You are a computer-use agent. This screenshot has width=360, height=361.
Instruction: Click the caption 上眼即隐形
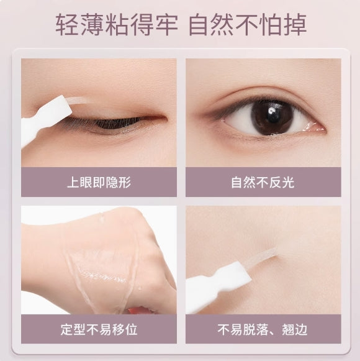[x=99, y=183]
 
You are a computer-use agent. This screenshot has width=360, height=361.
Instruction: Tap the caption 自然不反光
[x=263, y=183]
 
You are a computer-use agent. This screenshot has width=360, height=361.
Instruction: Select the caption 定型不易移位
[x=99, y=329]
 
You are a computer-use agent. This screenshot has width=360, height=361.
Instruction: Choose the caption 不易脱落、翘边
[x=263, y=329]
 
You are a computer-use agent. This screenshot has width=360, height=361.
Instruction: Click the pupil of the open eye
[x=271, y=117]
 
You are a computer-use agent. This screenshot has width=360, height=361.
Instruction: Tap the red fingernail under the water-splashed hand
[x=140, y=309]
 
